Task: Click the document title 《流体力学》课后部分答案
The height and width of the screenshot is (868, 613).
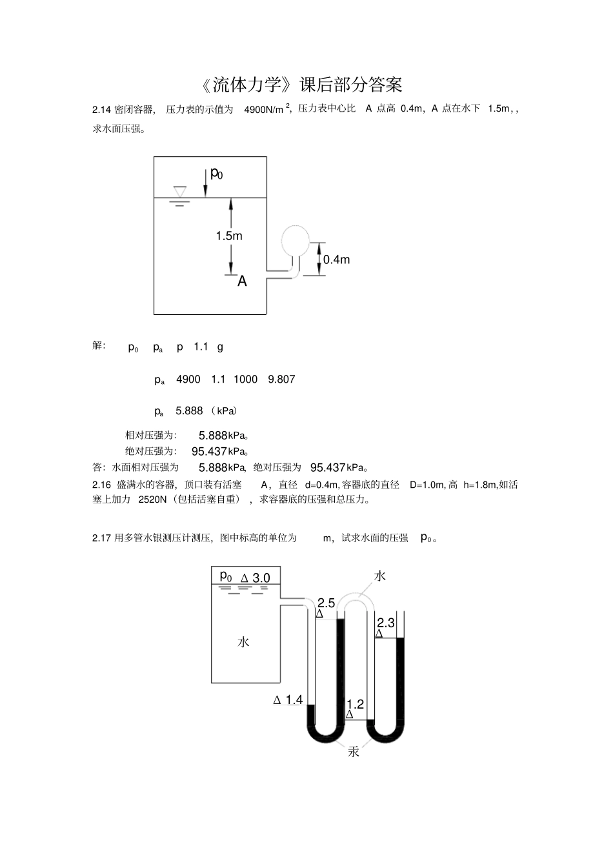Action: tap(301, 85)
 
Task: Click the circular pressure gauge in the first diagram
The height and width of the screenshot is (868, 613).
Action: tap(296, 239)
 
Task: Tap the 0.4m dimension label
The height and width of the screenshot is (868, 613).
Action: tap(336, 259)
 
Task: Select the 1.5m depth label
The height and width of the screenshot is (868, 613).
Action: tap(229, 236)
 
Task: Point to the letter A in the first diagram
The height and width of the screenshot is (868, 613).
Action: tap(242, 281)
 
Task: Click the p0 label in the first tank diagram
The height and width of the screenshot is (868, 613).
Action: tap(217, 174)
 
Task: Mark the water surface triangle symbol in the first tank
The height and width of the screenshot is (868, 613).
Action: tap(179, 192)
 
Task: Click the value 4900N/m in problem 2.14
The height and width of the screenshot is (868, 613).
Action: tap(263, 109)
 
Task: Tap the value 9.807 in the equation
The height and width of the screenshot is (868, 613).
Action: tap(281, 379)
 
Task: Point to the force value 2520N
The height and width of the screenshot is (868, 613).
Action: tap(152, 500)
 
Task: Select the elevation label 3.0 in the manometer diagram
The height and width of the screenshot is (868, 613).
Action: tap(261, 578)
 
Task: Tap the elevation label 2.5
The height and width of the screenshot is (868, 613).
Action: tap(326, 603)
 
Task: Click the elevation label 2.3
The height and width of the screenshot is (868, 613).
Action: tap(385, 623)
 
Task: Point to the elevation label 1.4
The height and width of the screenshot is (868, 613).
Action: tap(294, 700)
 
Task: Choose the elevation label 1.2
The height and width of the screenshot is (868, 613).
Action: tap(356, 704)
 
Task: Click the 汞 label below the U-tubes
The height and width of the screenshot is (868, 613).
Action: tap(354, 752)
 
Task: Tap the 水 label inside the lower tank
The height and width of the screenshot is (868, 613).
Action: tap(243, 641)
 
